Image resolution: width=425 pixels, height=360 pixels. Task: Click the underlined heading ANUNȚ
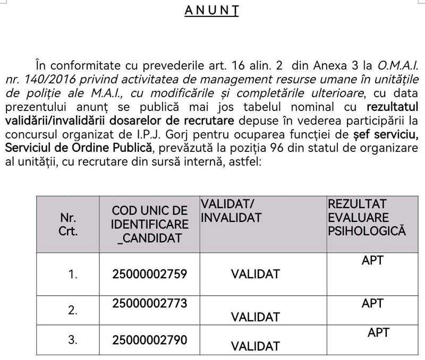click(x=211, y=11)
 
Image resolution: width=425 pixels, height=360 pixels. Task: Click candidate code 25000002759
click(x=150, y=274)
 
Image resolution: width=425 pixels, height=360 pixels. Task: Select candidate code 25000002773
click(x=150, y=303)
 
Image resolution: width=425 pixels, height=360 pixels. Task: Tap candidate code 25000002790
click(x=150, y=339)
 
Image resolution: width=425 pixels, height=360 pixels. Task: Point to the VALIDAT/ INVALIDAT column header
click(x=231, y=210)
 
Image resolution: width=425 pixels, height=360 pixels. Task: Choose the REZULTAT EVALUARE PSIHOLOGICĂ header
click(x=367, y=218)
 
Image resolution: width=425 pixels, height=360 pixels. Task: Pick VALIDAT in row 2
click(x=255, y=317)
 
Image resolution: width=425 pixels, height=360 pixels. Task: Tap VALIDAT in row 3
click(x=255, y=346)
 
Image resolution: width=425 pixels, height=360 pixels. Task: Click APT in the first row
click(x=372, y=260)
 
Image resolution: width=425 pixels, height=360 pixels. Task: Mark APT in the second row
click(x=372, y=303)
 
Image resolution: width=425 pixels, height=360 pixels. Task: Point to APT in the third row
click(x=378, y=332)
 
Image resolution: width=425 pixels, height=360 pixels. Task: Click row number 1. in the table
click(x=73, y=274)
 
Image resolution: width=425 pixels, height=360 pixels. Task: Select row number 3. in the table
click(x=73, y=339)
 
